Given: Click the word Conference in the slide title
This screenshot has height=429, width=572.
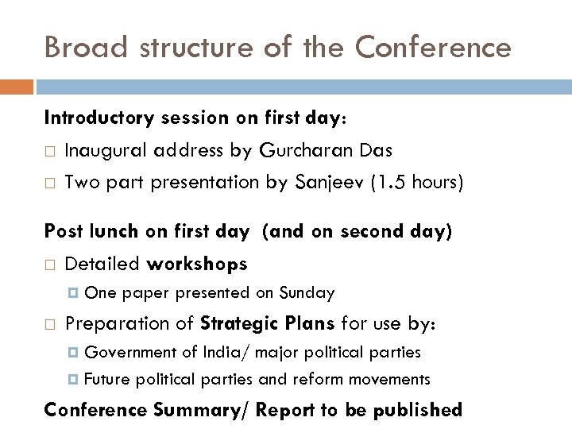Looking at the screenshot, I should [x=433, y=47].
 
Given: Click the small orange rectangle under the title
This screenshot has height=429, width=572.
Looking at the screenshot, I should [x=17, y=86].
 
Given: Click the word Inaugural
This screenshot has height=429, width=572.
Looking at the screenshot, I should [x=106, y=150].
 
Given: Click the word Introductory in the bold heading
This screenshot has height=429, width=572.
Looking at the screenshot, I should [x=99, y=118].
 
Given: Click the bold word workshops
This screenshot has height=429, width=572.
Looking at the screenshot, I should [x=197, y=263].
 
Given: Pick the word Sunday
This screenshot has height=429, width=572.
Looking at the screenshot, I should [x=306, y=292].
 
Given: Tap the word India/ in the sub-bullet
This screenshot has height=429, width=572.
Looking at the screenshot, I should [x=228, y=352].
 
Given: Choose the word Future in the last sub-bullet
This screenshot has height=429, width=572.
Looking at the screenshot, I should [x=107, y=380].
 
